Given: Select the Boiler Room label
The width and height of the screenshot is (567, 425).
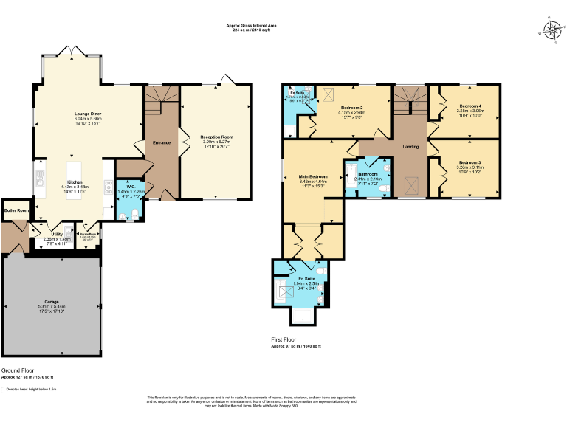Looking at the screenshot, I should tap(16, 210).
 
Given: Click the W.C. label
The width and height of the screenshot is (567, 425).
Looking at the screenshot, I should tap(130, 187).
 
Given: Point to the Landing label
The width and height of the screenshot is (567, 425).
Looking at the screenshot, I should tap(410, 147).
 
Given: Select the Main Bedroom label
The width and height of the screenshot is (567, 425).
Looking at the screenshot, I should tap(313, 177).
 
